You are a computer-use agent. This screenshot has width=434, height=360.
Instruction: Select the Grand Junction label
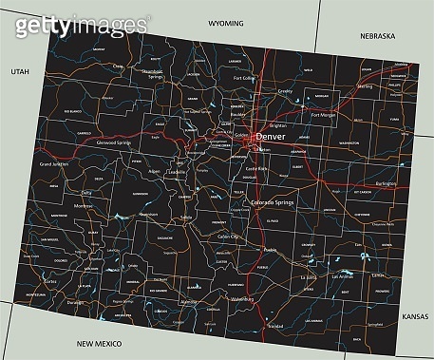(x=56, y=164)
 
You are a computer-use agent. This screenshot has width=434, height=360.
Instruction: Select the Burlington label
(x=384, y=184)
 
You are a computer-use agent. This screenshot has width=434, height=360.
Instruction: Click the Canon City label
(x=230, y=235)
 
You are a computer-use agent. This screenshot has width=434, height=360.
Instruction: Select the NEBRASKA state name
(x=376, y=35)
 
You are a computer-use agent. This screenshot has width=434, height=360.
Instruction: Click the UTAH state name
(x=20, y=71)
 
